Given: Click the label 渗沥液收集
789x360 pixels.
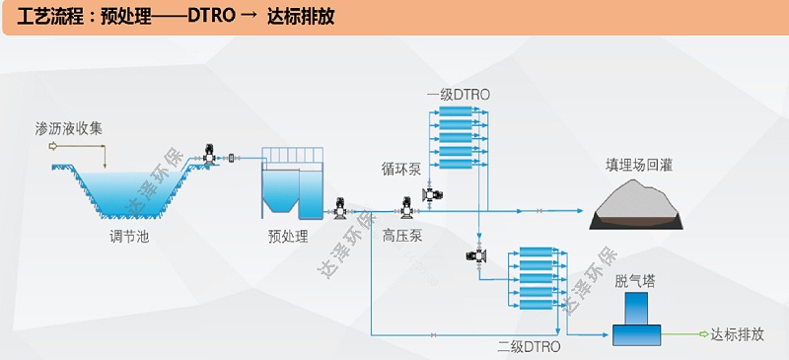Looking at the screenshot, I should (x=69, y=128).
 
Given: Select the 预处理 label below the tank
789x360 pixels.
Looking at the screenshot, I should (x=288, y=237).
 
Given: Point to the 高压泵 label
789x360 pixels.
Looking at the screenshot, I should (x=402, y=237).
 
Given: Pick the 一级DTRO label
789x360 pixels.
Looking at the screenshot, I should (x=458, y=95).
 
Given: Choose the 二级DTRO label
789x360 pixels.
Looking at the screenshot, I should (x=529, y=347).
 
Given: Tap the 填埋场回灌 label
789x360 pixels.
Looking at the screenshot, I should (x=639, y=165).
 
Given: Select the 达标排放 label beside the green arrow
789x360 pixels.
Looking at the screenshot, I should (x=737, y=334).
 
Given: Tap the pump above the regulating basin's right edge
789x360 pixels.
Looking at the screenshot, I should (x=209, y=155).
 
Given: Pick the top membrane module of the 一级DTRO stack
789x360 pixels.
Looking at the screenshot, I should (x=458, y=111).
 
